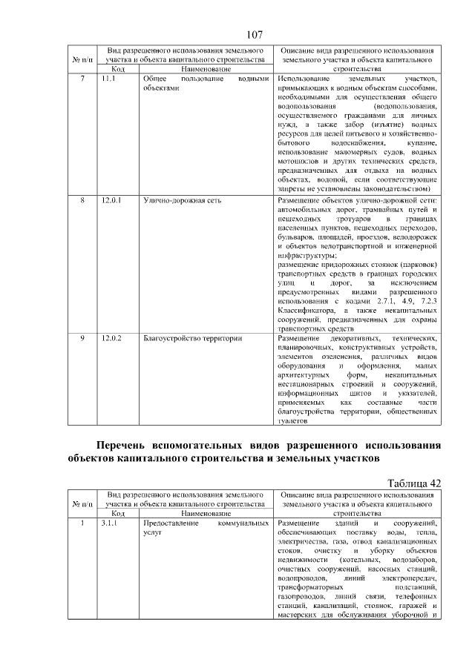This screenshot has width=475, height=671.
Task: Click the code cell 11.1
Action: tap(108, 78)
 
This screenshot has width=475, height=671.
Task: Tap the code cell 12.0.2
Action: tap(111, 338)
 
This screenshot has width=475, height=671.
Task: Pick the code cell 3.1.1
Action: tap(110, 523)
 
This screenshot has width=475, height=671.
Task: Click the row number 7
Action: tap(82, 78)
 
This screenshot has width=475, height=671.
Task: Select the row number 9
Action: tap(82, 338)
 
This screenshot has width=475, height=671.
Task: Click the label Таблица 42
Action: tap(414, 483)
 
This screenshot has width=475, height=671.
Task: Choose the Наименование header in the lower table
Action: tap(206, 513)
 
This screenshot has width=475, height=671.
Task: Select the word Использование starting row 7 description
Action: tap(307, 78)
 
